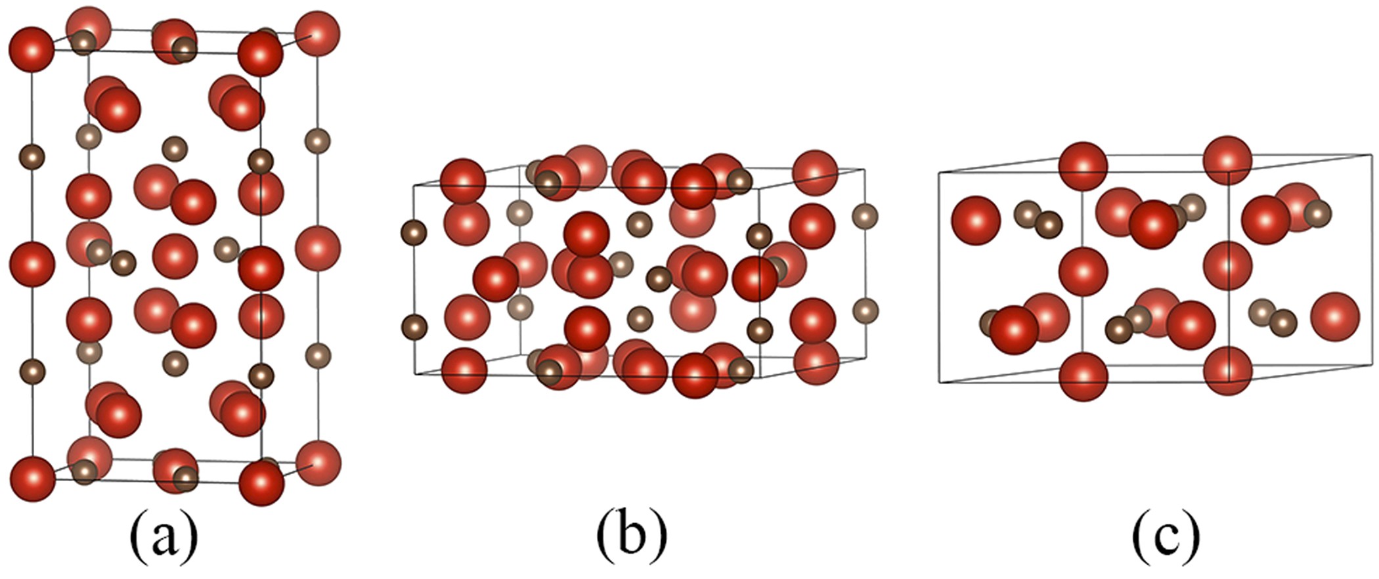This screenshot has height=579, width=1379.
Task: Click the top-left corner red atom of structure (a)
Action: [x=31, y=50]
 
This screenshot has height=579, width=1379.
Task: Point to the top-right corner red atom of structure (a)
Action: [x=318, y=33]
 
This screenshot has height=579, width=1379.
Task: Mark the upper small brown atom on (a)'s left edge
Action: [x=32, y=158]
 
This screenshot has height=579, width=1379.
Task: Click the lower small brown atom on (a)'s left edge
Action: [x=32, y=371]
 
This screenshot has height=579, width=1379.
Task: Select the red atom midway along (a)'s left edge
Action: [x=32, y=264]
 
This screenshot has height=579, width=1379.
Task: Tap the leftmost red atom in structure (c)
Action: [x=976, y=221]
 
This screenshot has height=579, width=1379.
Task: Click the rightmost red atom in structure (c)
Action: [x=1334, y=316]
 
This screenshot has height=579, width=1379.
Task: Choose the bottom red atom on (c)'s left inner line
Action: [x=1083, y=377]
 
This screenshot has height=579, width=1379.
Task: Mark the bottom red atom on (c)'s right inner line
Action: [x=1228, y=372]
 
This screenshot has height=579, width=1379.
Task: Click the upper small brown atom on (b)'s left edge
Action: [x=414, y=232]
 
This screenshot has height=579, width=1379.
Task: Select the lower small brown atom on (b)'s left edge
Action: [x=414, y=326]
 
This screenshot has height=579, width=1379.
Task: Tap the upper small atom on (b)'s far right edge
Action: [x=865, y=216]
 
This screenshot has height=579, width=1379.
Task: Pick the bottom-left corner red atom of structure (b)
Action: [x=464, y=370]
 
